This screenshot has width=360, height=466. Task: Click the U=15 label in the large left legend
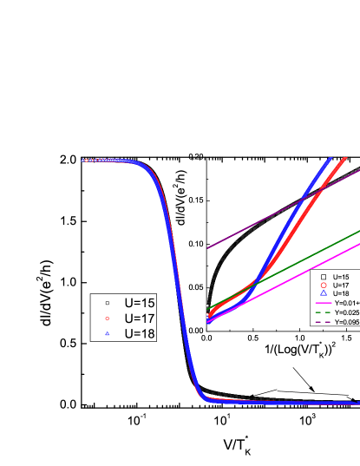coord(140,279)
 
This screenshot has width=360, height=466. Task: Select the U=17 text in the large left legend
coord(140,294)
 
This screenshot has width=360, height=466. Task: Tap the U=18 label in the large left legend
coord(140,309)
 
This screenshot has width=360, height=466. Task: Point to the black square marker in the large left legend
coord(108,279)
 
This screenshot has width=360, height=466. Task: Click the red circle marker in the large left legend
coord(108,294)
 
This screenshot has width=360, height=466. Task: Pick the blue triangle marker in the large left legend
coord(108,309)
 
